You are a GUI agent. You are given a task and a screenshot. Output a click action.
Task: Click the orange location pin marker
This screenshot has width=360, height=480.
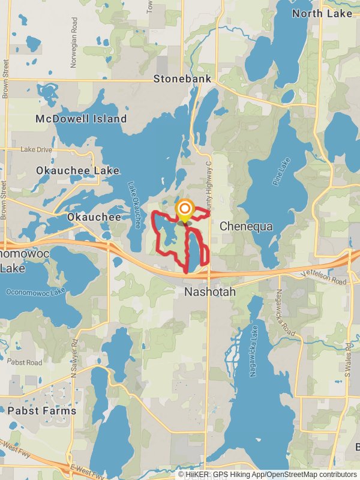coord(185,211)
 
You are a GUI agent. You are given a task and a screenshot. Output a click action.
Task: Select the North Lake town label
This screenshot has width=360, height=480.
coord(322,13)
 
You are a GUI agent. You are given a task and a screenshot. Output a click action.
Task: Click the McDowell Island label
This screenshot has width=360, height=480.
coord(81,119)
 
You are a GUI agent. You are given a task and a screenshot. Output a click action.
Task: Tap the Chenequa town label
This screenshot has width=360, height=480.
coord(246,226)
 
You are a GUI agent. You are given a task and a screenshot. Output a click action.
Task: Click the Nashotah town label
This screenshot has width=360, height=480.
coord(209,292)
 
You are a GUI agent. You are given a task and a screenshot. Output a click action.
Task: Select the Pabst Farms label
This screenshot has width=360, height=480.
coord(42,411)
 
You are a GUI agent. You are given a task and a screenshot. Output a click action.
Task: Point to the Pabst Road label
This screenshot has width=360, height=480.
coord(25,363)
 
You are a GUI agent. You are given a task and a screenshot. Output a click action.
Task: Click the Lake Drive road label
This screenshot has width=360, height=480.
coord(36,149)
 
